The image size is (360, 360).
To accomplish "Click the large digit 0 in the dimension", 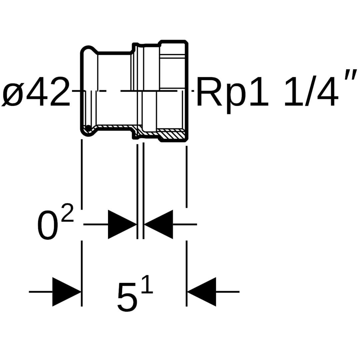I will point(48,225).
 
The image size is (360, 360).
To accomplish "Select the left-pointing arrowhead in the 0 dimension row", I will point(158,224).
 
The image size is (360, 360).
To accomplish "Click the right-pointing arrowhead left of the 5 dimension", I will point(67,292).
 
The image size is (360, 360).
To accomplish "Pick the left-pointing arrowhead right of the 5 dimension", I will point(202,292).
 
